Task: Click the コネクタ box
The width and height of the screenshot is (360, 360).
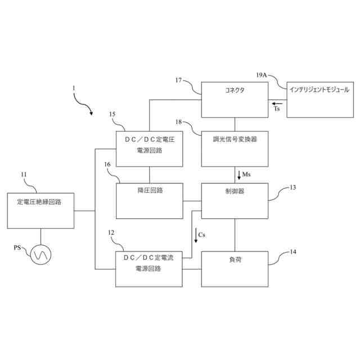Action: coord(235,100)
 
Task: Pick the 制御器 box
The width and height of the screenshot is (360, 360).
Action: coord(235,200)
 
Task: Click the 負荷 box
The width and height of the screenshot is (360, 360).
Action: coord(235,268)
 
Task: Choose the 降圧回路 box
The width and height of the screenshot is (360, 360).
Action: coord(149,200)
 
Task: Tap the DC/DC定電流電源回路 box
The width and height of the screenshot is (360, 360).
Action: coord(149,268)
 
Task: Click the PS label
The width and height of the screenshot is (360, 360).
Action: coord(19,248)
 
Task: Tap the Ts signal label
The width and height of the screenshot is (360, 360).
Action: coord(277,110)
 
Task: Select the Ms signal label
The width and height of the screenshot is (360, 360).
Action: coord(246,174)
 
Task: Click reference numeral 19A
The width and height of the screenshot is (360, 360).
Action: coord(262,74)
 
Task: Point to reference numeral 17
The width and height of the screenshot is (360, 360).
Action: coord(178,80)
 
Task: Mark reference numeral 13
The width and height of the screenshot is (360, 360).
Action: coord(292,187)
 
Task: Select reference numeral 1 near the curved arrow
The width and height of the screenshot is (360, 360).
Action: coord(73,88)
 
